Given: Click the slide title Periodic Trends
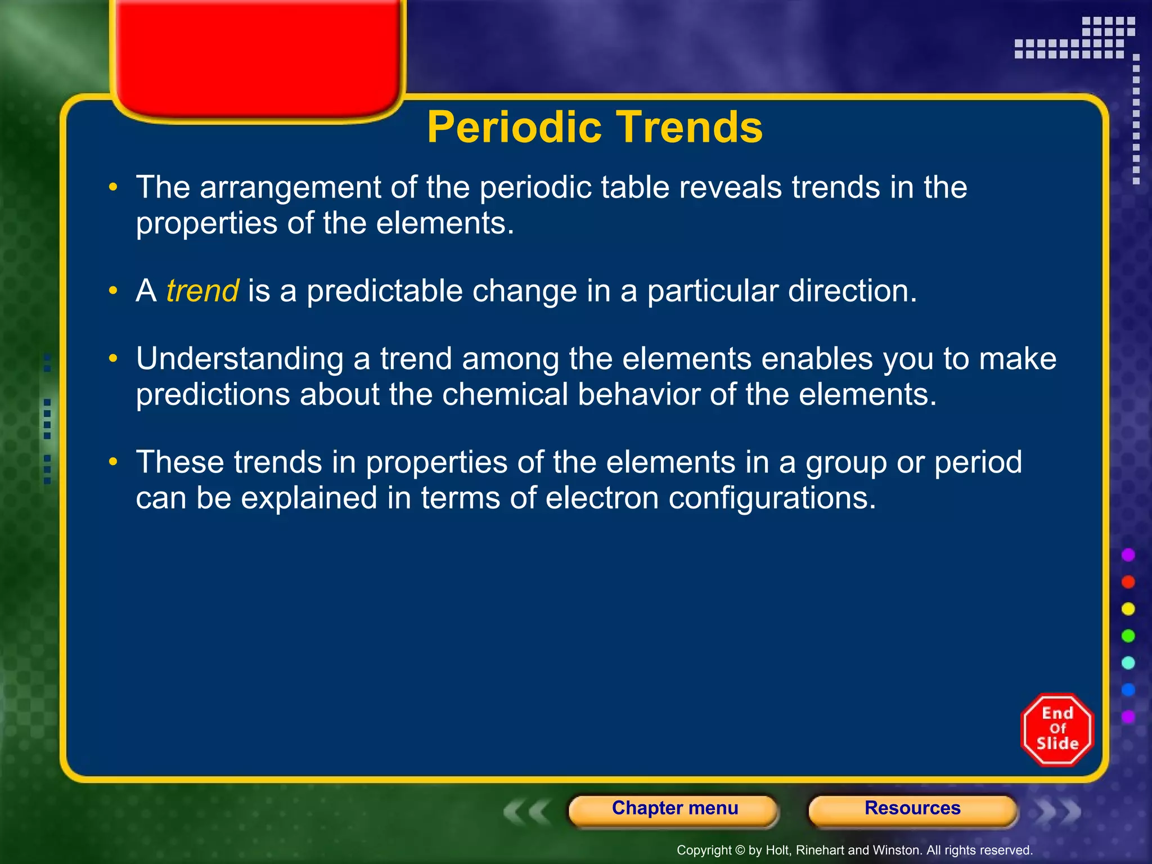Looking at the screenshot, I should pos(595,127).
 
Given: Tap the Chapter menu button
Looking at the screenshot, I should pos(674,808).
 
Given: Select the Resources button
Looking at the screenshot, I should pos(912,808).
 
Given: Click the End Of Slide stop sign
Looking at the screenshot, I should pos(1057,730).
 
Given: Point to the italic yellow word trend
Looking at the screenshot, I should pos(202,291).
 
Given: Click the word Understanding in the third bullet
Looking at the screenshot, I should pos(240,360).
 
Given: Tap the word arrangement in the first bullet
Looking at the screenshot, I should pos(290,187).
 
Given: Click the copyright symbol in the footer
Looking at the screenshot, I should pos(740,850).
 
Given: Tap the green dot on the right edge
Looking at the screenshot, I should pos(1128,636).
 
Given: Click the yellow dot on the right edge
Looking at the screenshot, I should pos(1128,609).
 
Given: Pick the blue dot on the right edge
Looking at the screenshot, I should pos(1128,690).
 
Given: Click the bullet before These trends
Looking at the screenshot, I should pos(114,462).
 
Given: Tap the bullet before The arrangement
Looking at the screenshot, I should pos(114,187).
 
